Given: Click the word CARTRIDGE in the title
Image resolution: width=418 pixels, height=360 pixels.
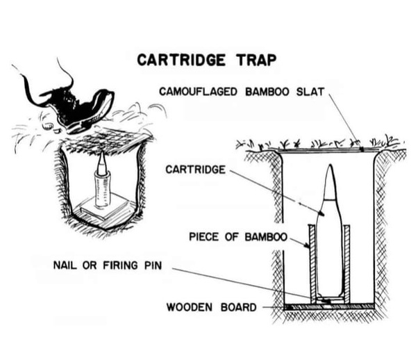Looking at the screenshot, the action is (181, 60).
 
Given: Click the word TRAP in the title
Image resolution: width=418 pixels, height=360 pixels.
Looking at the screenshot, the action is (256, 60).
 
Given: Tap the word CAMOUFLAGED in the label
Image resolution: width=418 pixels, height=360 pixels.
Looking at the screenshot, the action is (198, 92).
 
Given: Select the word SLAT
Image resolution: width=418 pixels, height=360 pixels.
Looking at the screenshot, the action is (310, 92).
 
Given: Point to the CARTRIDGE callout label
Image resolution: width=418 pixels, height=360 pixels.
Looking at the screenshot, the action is (195, 170).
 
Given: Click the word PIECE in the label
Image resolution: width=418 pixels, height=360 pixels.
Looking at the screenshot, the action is (203, 237).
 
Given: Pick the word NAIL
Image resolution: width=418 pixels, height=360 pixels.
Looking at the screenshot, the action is (65, 265).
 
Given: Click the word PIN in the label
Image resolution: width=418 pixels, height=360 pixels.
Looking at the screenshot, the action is (153, 265).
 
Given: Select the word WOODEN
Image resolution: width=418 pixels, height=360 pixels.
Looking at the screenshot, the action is (190, 307).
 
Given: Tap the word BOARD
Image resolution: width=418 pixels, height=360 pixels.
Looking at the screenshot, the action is (239, 307).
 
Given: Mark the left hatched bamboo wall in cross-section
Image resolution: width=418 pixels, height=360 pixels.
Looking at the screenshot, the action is (312, 264).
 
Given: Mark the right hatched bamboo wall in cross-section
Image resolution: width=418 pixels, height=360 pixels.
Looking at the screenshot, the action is (346, 264).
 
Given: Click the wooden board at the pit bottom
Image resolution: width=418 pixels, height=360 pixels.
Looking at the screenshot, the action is (328, 306).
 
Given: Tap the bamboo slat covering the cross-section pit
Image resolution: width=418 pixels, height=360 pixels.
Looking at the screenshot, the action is (328, 150).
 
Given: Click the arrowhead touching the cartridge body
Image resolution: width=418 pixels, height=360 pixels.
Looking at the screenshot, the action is (321, 213).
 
